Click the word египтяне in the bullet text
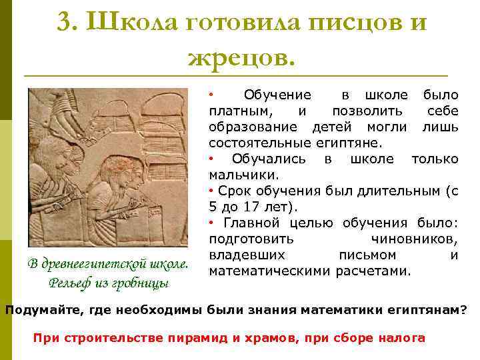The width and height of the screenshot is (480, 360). click(352, 143)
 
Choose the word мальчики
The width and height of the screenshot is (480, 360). click(235, 175)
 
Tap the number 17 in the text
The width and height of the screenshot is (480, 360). click(252, 207)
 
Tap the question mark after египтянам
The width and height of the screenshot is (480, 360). click(465, 311)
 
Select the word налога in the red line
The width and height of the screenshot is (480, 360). click(403, 338)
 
